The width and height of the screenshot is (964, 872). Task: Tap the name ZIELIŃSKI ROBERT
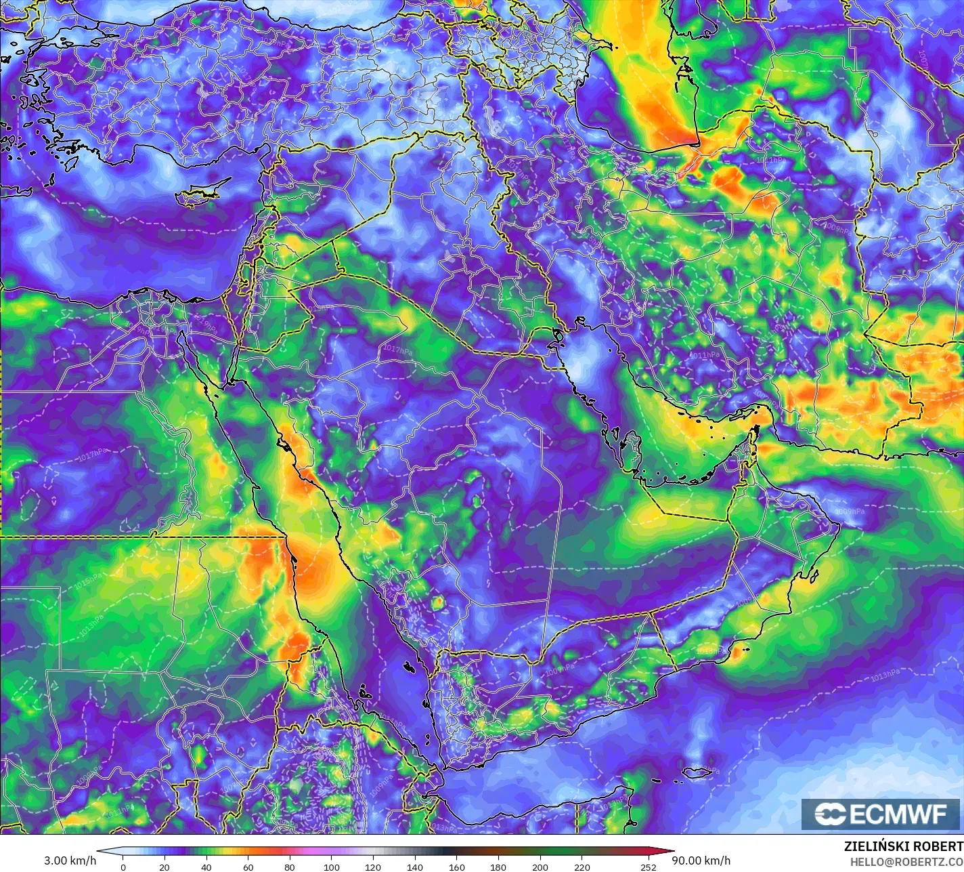pyautogui.click(x=903, y=846)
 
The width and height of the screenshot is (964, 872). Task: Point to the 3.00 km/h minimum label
pyautogui.click(x=70, y=860)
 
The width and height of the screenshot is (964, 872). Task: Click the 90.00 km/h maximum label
pyautogui.click(x=704, y=860)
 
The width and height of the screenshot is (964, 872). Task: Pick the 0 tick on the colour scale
pyautogui.click(x=123, y=867)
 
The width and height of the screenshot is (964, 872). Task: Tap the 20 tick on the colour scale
pyautogui.click(x=165, y=867)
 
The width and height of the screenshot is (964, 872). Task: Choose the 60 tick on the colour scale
pyautogui.click(x=248, y=867)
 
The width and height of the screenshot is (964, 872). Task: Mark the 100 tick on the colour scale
pyautogui.click(x=332, y=867)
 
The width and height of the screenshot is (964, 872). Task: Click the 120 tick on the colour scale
pyautogui.click(x=373, y=867)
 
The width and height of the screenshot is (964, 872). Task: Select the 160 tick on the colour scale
pyautogui.click(x=457, y=867)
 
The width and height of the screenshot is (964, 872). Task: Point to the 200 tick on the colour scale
pyautogui.click(x=540, y=867)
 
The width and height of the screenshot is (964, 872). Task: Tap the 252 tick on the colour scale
pyautogui.click(x=649, y=867)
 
